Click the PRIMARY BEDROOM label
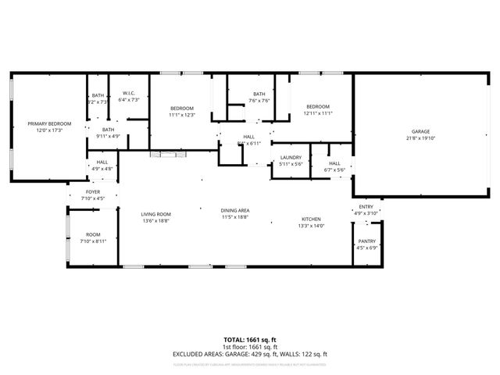(x=49, y=123)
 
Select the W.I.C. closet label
(x=129, y=92)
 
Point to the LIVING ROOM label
(x=155, y=214)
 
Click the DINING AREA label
(x=234, y=211)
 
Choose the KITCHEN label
(x=311, y=220)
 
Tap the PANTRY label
(x=366, y=243)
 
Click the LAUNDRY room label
(x=291, y=158)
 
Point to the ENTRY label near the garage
(x=366, y=207)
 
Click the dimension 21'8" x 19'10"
(x=421, y=138)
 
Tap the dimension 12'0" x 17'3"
(x=49, y=130)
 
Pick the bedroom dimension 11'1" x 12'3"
(x=181, y=115)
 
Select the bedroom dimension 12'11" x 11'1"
(x=318, y=113)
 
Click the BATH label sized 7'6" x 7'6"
(x=259, y=94)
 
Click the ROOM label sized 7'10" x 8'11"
(x=93, y=234)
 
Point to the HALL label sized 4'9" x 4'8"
(x=102, y=162)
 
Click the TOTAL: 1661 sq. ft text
(x=250, y=340)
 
